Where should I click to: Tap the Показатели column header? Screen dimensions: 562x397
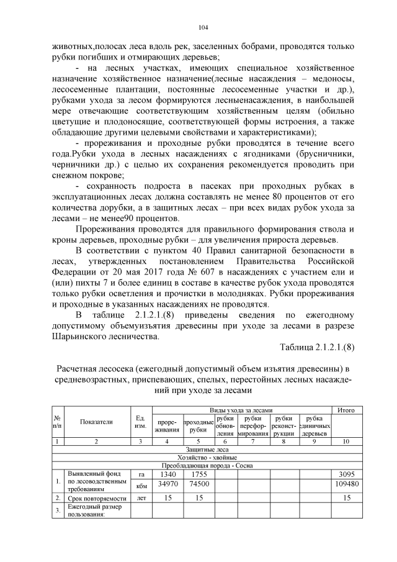click(x=96, y=422)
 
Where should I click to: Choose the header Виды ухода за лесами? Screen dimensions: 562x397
click(x=241, y=410)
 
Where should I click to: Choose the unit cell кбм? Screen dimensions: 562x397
click(x=140, y=484)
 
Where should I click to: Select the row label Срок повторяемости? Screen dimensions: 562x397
click(x=95, y=498)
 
